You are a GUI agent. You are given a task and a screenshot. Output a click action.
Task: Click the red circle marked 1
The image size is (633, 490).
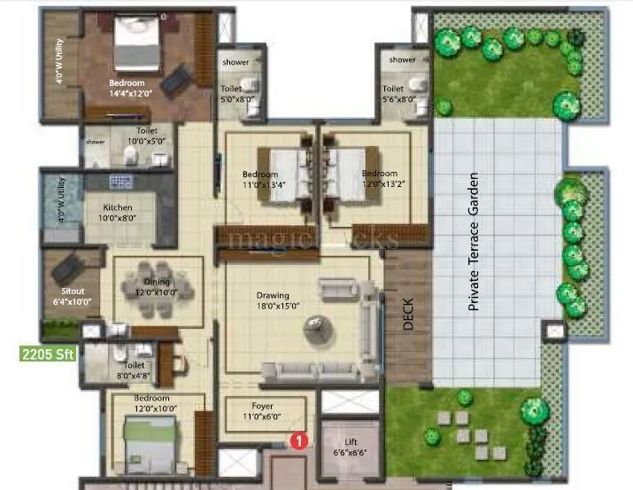pyautogui.click(x=301, y=439)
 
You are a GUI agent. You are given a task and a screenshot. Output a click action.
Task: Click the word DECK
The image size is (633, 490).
pyautogui.click(x=408, y=313)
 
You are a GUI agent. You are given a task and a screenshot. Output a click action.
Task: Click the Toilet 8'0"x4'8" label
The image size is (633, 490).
pyautogui.click(x=135, y=369)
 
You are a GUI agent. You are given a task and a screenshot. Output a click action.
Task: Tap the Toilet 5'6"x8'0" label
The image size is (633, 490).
pyautogui.click(x=394, y=94)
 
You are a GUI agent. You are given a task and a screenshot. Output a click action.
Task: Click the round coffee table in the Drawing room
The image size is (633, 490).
pyautogui.click(x=316, y=330)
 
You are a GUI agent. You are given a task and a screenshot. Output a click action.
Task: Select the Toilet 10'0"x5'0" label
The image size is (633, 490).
pyautogui.click(x=147, y=136)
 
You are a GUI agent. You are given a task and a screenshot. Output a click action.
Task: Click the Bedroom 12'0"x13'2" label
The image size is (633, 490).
pyautogui.click(x=380, y=179)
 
